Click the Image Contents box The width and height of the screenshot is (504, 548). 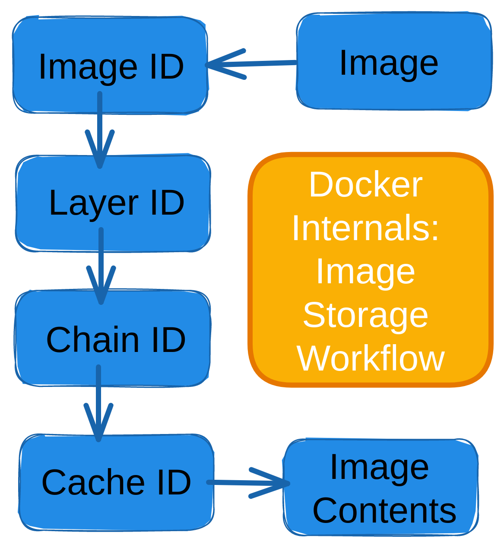click(380, 488)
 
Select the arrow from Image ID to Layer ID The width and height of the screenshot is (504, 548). click(100, 130)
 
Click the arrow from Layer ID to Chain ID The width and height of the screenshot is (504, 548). click(101, 266)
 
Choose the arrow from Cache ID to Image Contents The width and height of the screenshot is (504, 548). click(248, 482)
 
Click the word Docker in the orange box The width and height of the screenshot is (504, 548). click(365, 185)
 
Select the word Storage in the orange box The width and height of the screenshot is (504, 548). click(365, 315)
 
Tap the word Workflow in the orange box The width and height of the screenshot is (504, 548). click(371, 358)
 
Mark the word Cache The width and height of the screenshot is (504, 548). click(93, 482)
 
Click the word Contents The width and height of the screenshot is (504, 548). click(384, 510)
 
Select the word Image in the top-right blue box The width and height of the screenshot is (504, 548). click(389, 63)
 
